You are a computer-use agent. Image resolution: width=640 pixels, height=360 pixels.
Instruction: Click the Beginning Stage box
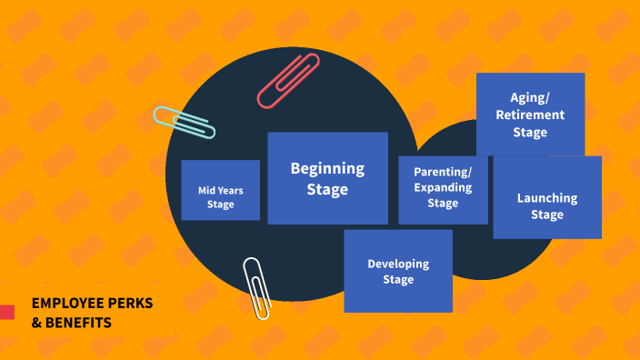[x=327, y=178]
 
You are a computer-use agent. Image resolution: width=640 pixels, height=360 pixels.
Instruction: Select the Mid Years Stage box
[x=220, y=190]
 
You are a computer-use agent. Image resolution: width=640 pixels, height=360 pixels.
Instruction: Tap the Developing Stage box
[x=398, y=271]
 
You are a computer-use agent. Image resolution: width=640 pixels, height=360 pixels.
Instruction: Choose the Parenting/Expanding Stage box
[x=443, y=189]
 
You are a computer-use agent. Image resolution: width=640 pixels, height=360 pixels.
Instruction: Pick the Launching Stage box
[x=547, y=198]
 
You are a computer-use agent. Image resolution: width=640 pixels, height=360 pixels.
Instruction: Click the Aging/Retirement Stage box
[x=530, y=115]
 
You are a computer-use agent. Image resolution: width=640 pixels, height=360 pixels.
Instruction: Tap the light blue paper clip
[x=185, y=122]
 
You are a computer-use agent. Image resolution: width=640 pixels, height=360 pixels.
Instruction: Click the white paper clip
[x=257, y=287]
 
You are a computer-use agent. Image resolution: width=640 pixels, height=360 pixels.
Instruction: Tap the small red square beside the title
[x=6, y=312]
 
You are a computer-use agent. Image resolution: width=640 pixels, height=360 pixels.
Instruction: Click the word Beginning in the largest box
[x=327, y=168]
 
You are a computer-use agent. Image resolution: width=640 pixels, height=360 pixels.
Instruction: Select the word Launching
[x=547, y=198]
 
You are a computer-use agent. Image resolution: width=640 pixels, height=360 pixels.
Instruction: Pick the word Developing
[x=398, y=264]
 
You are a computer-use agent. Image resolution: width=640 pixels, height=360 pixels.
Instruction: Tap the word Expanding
[x=443, y=188]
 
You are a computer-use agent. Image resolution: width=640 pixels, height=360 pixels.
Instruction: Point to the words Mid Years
[x=220, y=190]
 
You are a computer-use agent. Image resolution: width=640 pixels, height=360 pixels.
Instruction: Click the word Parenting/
[x=443, y=172]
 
